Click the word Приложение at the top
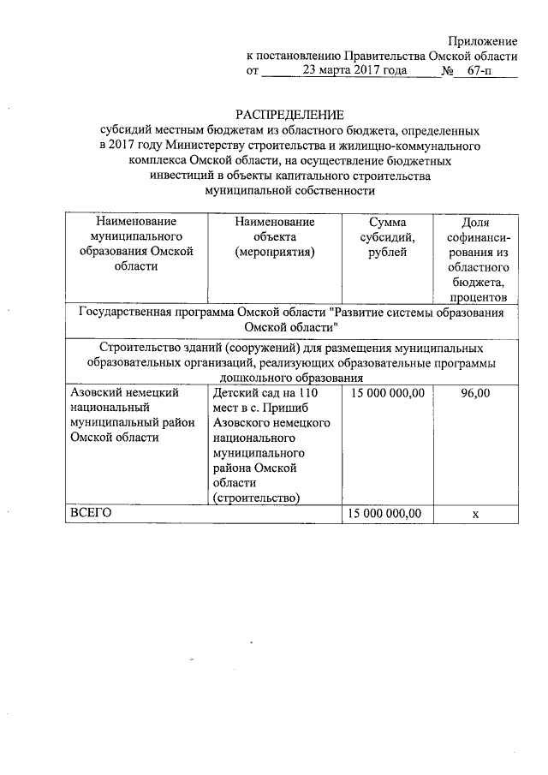coord(484,40)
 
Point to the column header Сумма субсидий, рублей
coord(387,236)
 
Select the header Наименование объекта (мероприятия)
coord(275,236)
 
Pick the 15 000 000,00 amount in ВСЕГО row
coord(386,513)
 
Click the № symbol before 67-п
coord(446,71)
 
